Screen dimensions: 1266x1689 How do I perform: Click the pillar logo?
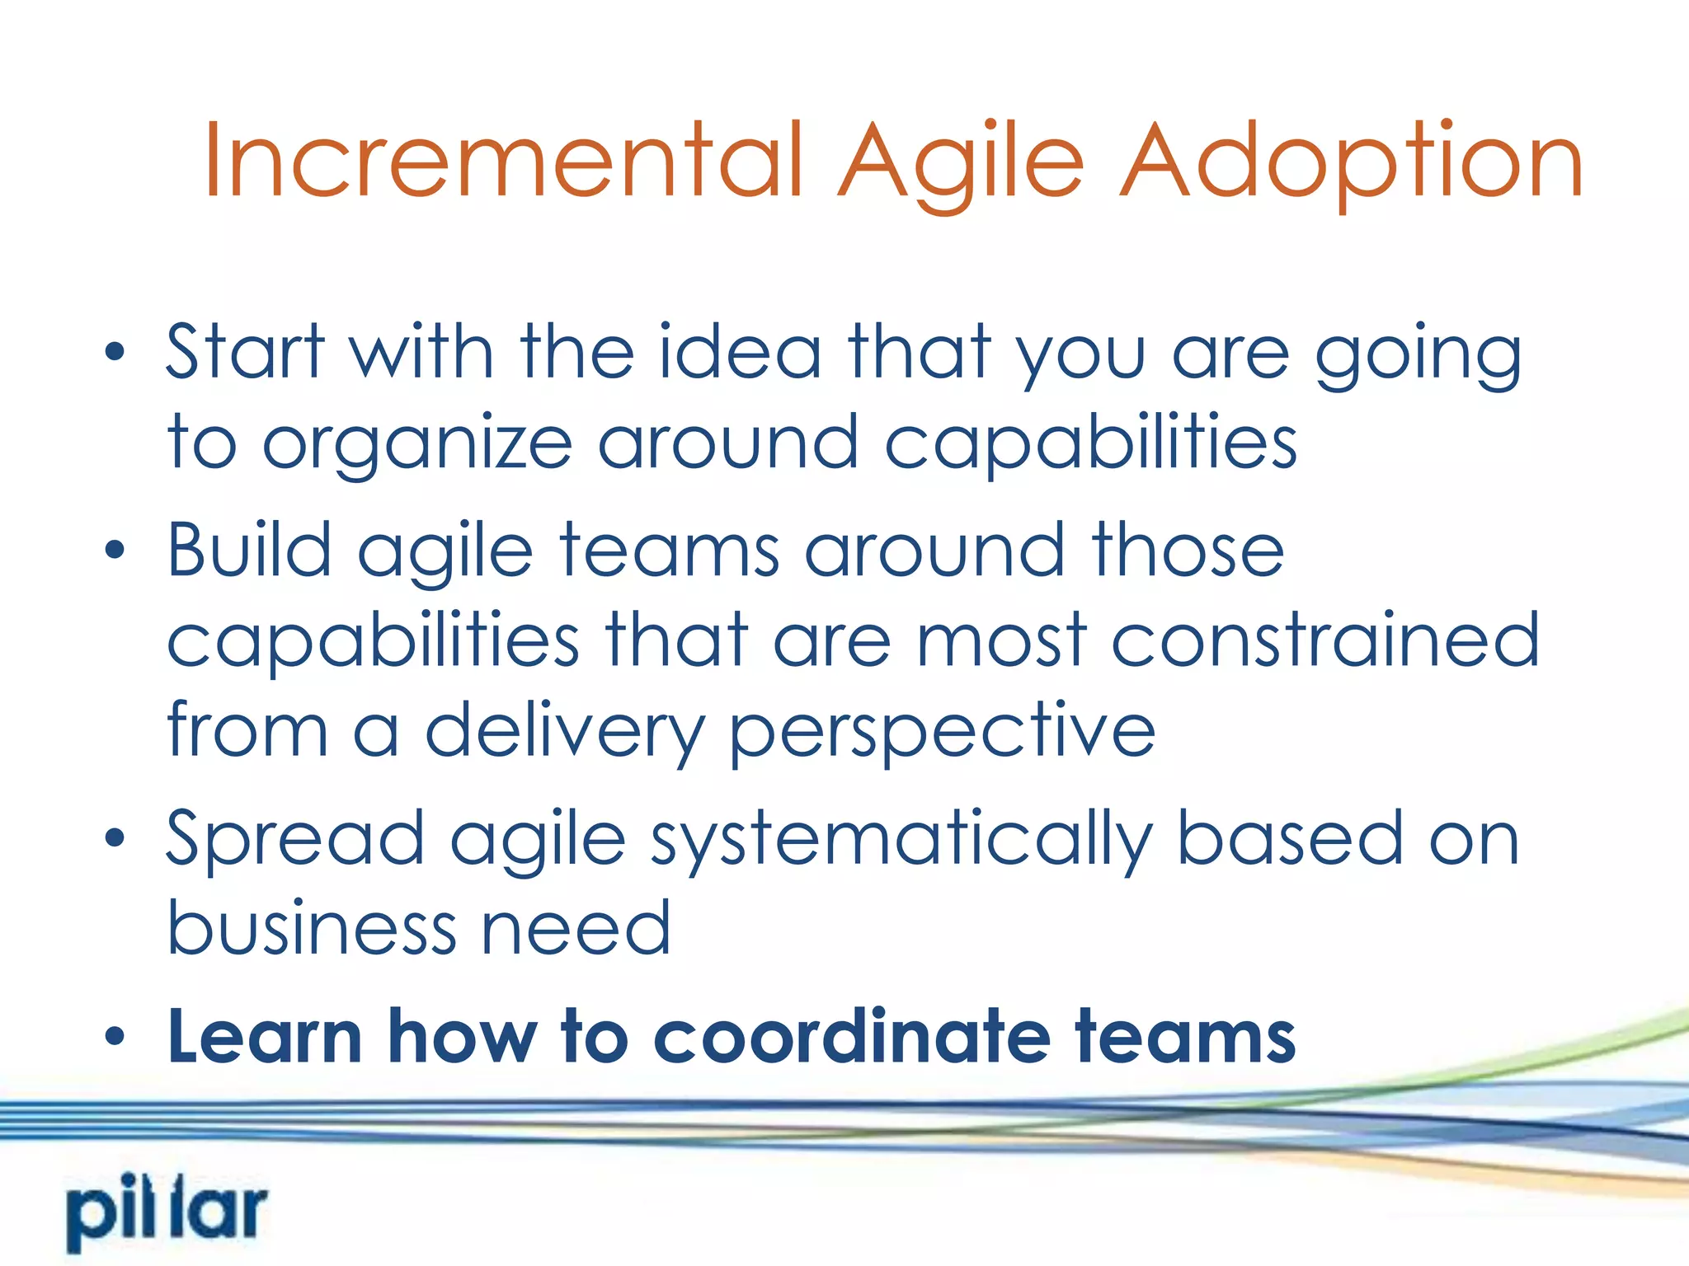(x=167, y=1212)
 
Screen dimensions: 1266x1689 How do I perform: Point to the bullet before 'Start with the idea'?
(x=115, y=353)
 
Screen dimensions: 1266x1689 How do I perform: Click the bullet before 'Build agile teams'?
(x=115, y=551)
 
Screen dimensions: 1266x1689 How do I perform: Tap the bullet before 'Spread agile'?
(x=115, y=839)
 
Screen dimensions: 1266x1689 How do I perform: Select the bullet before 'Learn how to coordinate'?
(x=115, y=1036)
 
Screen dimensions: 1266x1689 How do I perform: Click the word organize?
(x=416, y=445)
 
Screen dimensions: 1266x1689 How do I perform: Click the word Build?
(x=249, y=550)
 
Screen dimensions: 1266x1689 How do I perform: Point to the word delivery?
(x=564, y=732)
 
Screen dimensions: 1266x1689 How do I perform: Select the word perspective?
(x=942, y=732)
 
